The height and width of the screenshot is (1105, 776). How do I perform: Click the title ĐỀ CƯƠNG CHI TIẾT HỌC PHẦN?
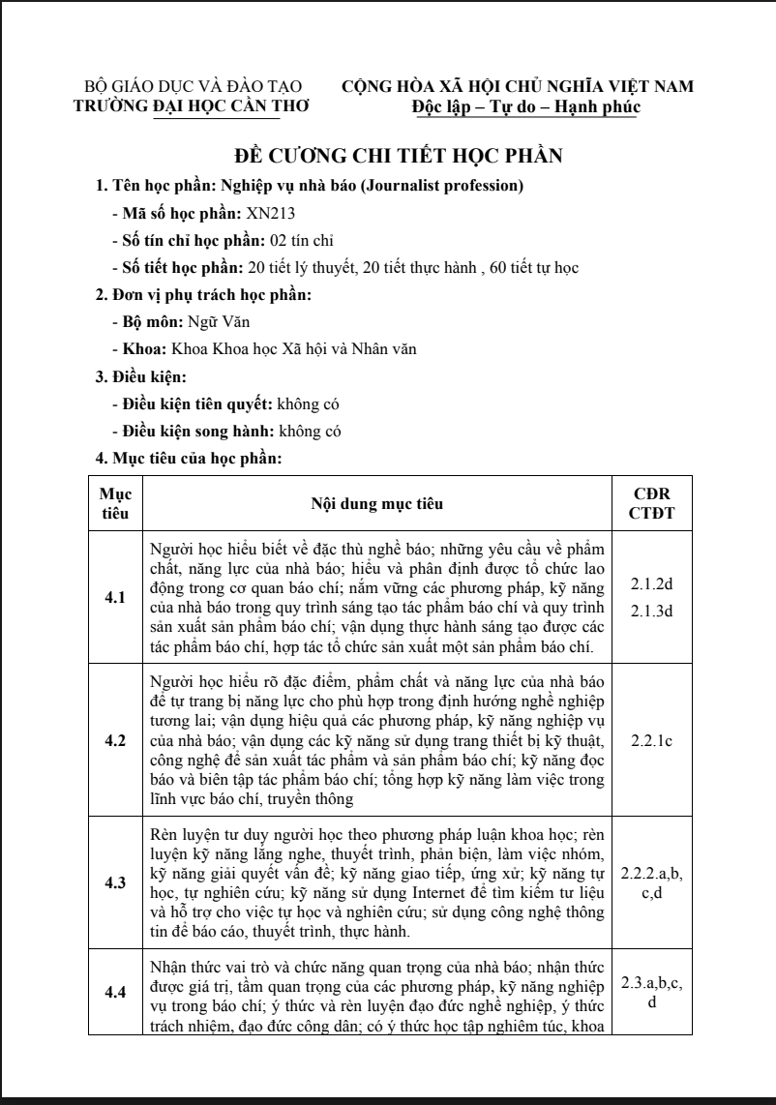point(400,157)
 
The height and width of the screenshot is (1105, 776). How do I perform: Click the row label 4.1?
point(115,597)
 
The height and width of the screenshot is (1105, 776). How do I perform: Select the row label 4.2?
point(115,740)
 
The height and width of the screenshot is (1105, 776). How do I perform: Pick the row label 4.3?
point(115,882)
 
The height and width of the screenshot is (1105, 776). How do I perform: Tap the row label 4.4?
point(115,993)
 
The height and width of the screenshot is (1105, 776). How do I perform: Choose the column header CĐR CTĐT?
point(651,503)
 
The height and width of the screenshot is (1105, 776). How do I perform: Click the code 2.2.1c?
point(651,740)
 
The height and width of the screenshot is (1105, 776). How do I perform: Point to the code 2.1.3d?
point(651,611)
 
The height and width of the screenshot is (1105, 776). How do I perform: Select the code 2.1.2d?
point(651,584)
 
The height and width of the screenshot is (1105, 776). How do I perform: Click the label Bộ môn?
point(144,321)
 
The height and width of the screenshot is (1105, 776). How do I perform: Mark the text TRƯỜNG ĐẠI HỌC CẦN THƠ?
point(177,106)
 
